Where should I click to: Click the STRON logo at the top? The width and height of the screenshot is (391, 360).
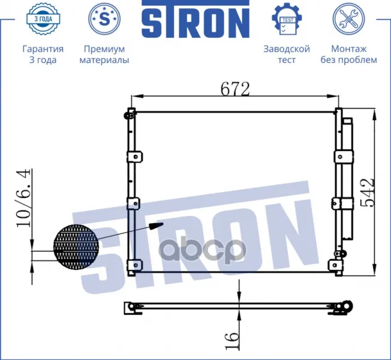tap(195, 19)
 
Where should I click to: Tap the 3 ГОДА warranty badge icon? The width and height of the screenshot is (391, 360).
tap(43, 19)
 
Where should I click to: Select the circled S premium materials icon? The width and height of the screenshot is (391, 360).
tap(104, 19)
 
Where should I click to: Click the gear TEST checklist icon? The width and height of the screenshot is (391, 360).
tap(287, 19)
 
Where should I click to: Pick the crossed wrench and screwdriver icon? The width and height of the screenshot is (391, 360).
tap(348, 19)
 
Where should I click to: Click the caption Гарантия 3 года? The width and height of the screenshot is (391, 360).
tap(43, 54)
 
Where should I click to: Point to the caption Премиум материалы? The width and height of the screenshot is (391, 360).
tap(104, 54)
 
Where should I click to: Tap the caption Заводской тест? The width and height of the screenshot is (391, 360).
tap(287, 54)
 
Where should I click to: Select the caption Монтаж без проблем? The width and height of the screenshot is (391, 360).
tap(348, 54)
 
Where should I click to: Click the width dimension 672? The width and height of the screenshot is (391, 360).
tap(235, 89)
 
